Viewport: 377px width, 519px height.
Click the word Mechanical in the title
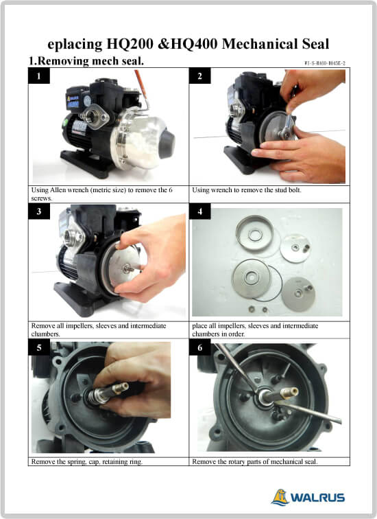(x=259, y=44)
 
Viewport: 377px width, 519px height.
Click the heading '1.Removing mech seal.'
(x=86, y=61)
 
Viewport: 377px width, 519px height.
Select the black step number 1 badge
(x=39, y=76)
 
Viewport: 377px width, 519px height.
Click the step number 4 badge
(x=200, y=211)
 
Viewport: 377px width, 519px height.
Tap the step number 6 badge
(x=200, y=347)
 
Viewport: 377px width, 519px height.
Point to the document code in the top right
(x=325, y=63)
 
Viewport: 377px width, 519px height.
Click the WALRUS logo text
(x=317, y=498)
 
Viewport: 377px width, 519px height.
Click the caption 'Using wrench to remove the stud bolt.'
(x=247, y=190)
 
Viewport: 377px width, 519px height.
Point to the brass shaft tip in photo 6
(x=289, y=392)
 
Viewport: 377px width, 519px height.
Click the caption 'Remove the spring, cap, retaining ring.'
(x=87, y=461)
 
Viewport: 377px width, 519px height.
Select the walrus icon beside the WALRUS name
(x=280, y=497)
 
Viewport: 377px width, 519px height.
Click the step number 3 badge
(x=39, y=211)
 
